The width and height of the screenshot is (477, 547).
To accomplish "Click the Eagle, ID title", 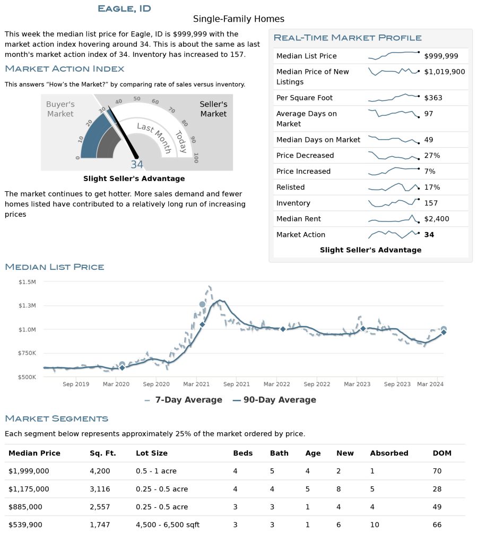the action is click(124, 8).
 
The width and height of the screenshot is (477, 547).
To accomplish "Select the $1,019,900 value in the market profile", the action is click(444, 72).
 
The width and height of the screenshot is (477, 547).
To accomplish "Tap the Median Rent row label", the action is click(298, 219).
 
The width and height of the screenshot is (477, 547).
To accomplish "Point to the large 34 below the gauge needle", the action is click(137, 164).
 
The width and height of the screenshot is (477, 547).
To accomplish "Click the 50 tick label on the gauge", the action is click(137, 99).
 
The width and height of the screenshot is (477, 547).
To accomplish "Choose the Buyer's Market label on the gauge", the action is click(60, 109).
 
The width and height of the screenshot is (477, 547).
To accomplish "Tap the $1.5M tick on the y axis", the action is click(27, 282).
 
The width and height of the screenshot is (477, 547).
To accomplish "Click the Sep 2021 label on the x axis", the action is click(236, 384).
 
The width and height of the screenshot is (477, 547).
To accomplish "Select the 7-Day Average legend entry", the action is click(183, 400).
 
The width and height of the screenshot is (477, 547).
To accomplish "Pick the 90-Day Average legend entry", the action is click(274, 400).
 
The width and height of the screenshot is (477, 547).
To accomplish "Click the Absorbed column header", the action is click(389, 453).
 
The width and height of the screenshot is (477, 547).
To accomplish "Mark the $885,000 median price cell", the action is click(25, 507).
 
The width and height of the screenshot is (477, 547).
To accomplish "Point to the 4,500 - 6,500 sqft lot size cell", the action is click(168, 525).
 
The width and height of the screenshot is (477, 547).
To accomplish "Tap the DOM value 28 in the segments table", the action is click(437, 489).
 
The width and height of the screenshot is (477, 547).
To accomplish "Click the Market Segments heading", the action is click(56, 418).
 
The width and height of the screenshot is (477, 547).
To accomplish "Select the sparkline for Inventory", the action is click(394, 202).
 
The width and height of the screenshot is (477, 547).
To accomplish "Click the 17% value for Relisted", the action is click(432, 187).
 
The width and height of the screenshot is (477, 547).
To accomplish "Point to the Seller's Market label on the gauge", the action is click(213, 109).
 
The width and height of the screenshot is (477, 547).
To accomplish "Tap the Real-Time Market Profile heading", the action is click(348, 38).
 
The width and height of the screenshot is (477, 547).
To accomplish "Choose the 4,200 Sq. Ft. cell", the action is click(100, 471).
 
